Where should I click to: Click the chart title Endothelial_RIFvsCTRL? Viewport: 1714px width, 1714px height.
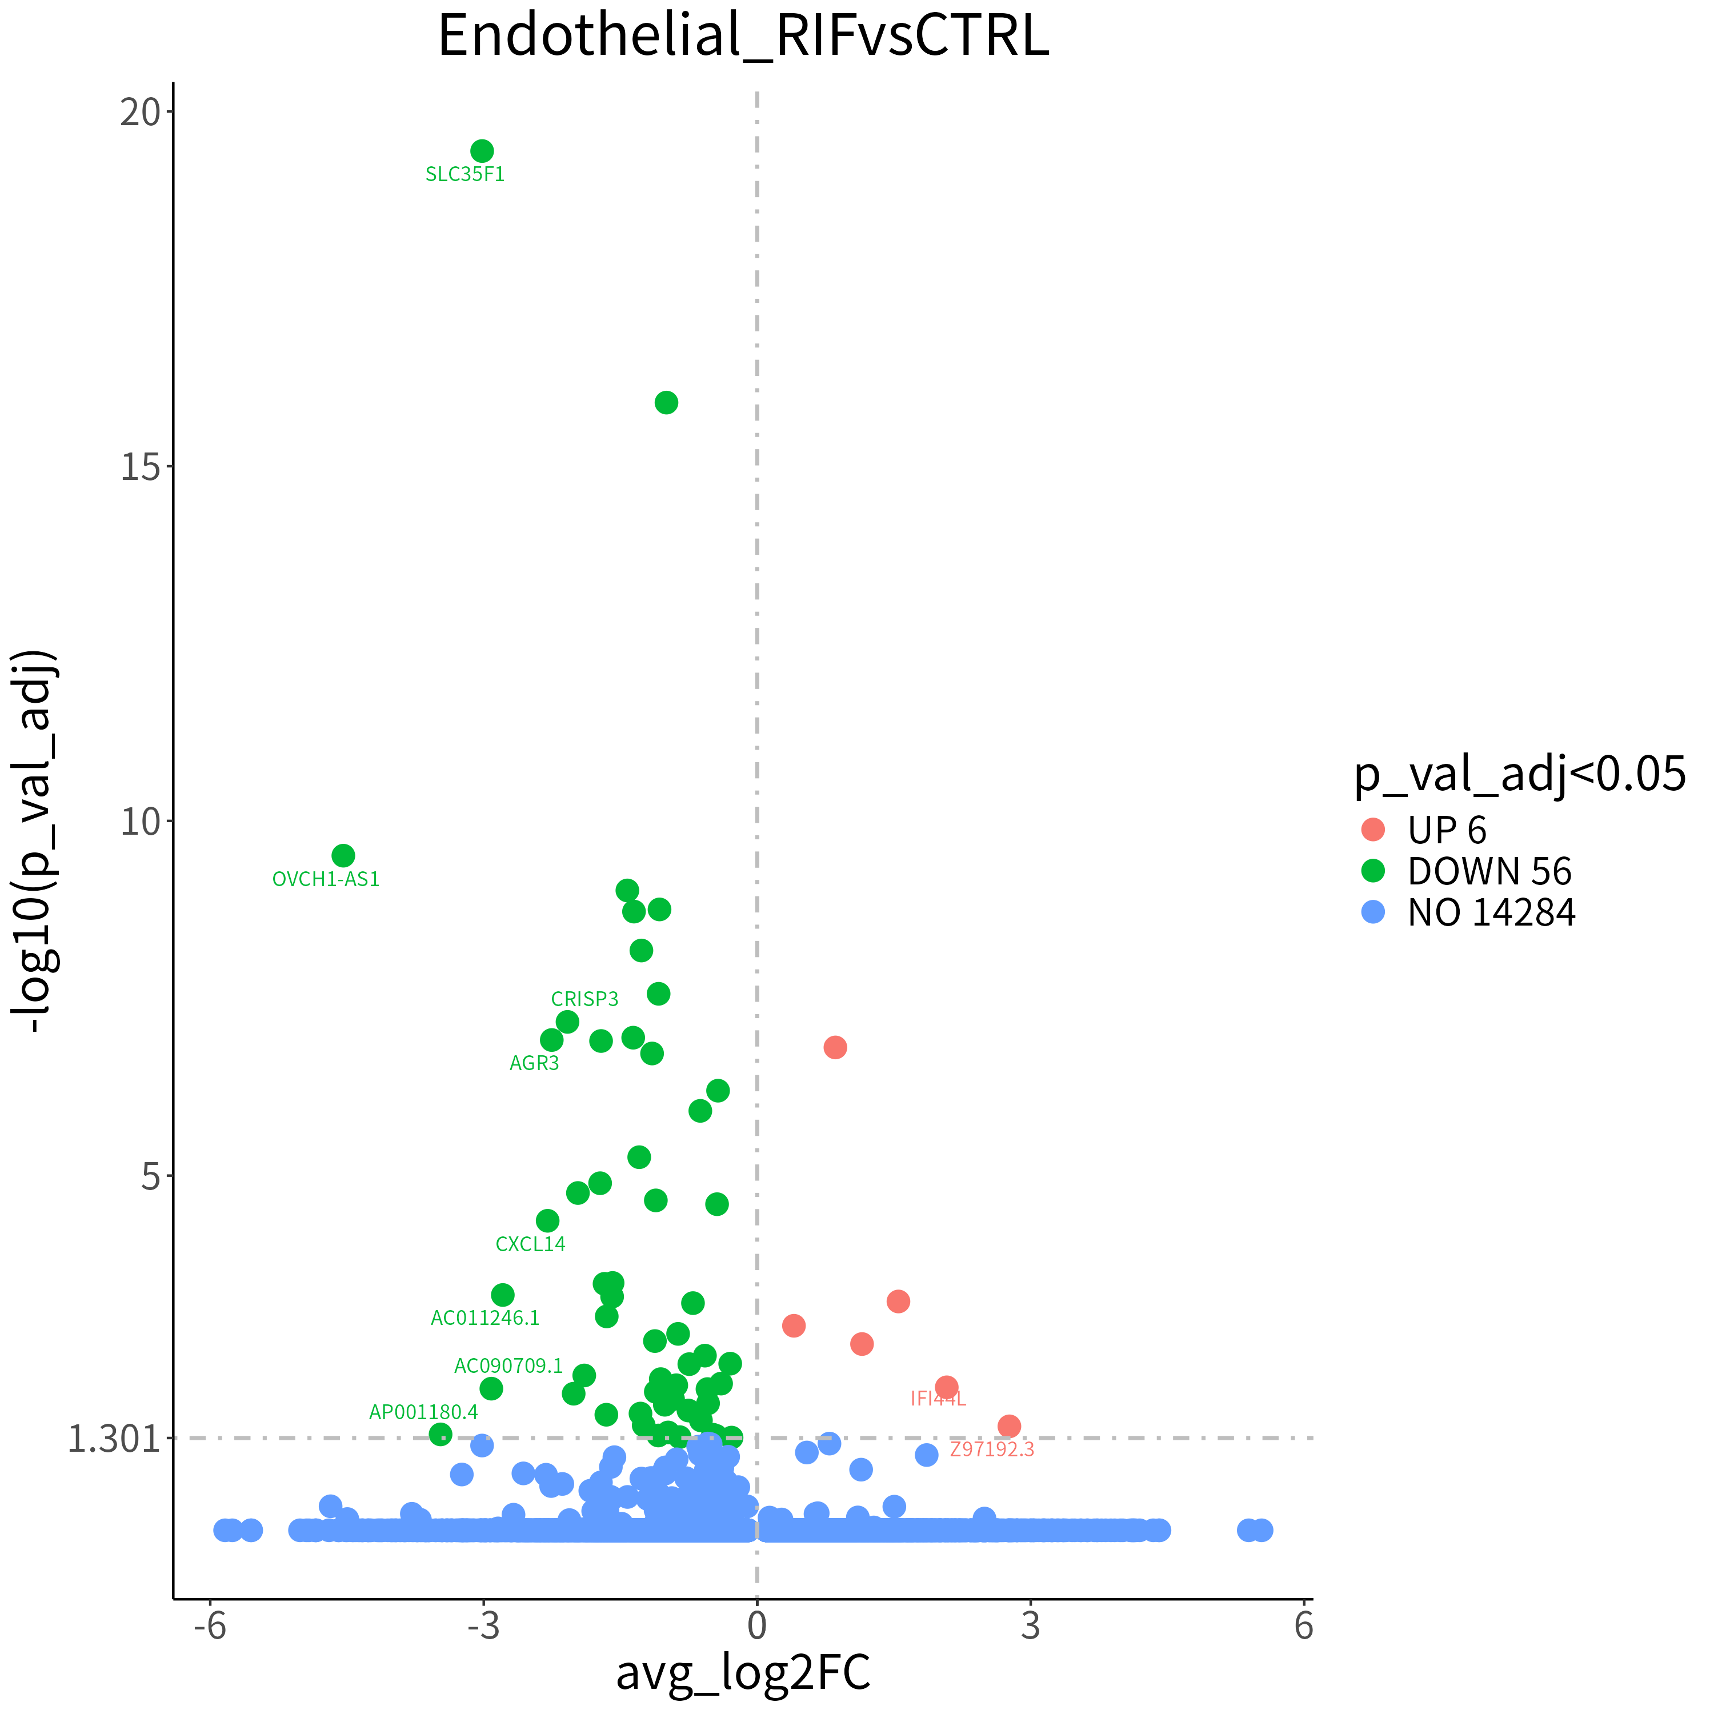(x=743, y=37)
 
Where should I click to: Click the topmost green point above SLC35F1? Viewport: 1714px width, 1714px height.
(x=482, y=151)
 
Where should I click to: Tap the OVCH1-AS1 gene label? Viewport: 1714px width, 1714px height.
(x=326, y=879)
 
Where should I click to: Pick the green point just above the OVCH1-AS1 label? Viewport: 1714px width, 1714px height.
(x=343, y=855)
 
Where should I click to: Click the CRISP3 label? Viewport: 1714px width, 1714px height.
(x=584, y=999)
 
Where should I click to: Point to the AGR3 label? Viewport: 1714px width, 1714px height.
(x=534, y=1063)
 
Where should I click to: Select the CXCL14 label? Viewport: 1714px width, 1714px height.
(x=531, y=1244)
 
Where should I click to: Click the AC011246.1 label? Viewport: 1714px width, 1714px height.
(x=485, y=1317)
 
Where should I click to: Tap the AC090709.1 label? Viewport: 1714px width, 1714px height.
(x=508, y=1365)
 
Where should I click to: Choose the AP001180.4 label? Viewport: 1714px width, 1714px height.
(x=423, y=1411)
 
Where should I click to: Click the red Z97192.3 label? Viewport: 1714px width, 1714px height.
(x=992, y=1449)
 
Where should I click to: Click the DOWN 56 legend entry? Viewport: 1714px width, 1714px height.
(x=1465, y=871)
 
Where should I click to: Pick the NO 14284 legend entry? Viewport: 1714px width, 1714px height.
(x=1467, y=912)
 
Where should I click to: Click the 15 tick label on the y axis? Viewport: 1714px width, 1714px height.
(x=140, y=467)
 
